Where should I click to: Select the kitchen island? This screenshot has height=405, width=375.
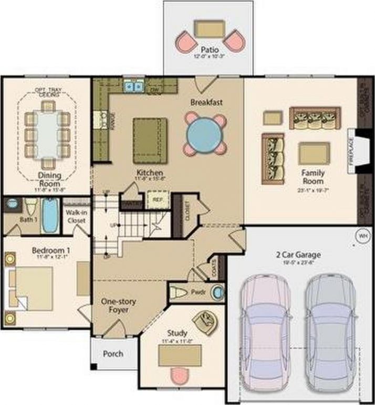tap(150, 140)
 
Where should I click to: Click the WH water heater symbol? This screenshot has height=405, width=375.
tap(362, 235)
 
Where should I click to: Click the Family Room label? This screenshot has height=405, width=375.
tap(312, 176)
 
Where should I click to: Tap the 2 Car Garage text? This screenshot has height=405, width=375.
tap(298, 255)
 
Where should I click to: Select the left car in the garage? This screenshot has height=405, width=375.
tap(264, 329)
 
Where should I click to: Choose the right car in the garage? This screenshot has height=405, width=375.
tap(329, 329)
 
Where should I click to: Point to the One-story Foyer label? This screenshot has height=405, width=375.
tap(116, 306)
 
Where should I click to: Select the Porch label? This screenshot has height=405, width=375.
tap(112, 353)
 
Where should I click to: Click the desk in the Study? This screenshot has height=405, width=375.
tap(180, 356)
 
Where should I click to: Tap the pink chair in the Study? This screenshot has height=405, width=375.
tap(180, 377)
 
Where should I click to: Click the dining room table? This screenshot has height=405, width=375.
tap(48, 135)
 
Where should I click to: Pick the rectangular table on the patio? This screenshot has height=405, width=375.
tap(209, 28)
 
